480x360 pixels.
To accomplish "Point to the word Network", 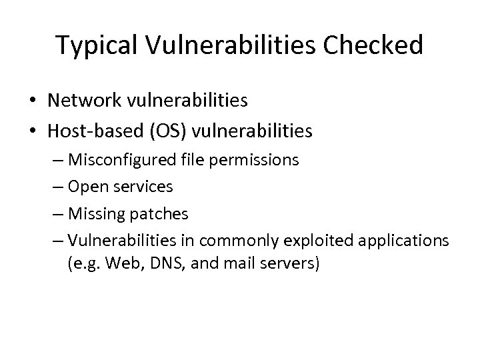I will coord(87,101).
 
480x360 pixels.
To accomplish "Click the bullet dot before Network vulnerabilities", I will coord(32,101).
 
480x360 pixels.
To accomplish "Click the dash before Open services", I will coord(57,187).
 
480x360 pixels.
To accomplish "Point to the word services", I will coord(143,187).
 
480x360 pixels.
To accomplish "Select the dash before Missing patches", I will coord(57,214).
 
